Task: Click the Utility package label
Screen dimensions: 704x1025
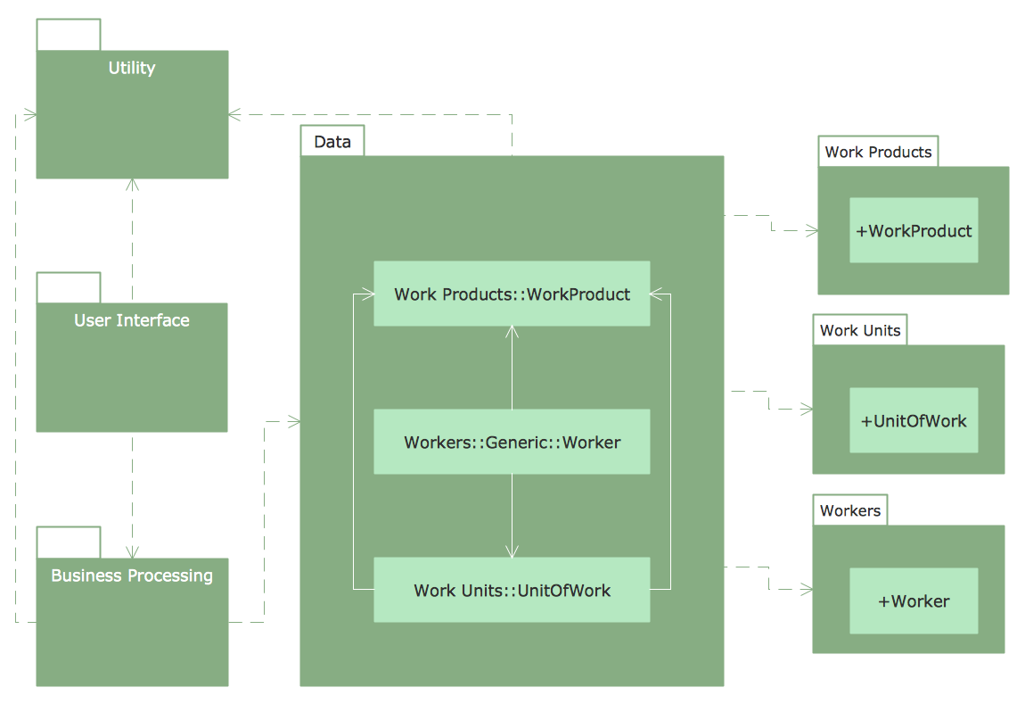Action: pos(132,68)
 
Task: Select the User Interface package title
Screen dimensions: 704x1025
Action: pos(132,320)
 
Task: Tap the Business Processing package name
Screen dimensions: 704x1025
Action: pos(132,576)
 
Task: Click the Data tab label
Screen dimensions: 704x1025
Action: pos(332,142)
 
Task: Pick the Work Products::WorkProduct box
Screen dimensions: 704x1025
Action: pos(512,294)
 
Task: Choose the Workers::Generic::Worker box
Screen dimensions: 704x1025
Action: pos(512,442)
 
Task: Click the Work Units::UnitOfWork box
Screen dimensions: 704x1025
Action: pos(512,590)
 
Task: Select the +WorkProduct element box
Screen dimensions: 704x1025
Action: pos(914,231)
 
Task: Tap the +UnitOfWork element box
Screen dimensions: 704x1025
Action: pos(914,421)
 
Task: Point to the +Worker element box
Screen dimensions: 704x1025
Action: pos(914,601)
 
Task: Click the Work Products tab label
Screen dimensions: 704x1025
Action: pos(878,152)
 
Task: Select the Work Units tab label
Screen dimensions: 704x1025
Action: pos(860,331)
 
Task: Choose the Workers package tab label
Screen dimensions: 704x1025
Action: pos(850,511)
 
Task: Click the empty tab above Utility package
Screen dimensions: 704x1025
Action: pos(69,35)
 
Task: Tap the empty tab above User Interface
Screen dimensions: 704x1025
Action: pos(69,288)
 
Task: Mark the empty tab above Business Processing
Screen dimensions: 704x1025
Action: pos(69,542)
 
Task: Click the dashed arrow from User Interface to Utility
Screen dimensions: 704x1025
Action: pos(132,241)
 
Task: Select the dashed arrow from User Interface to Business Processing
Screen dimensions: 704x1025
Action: pos(132,495)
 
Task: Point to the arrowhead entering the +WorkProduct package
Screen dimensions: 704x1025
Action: pos(812,230)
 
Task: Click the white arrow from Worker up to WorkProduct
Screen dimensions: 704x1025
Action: pos(512,366)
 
